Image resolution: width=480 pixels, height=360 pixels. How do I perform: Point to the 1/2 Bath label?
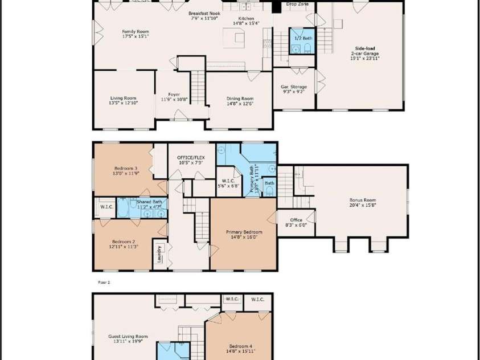tap(303, 38)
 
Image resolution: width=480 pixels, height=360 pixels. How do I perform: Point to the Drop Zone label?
tap(297, 5)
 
